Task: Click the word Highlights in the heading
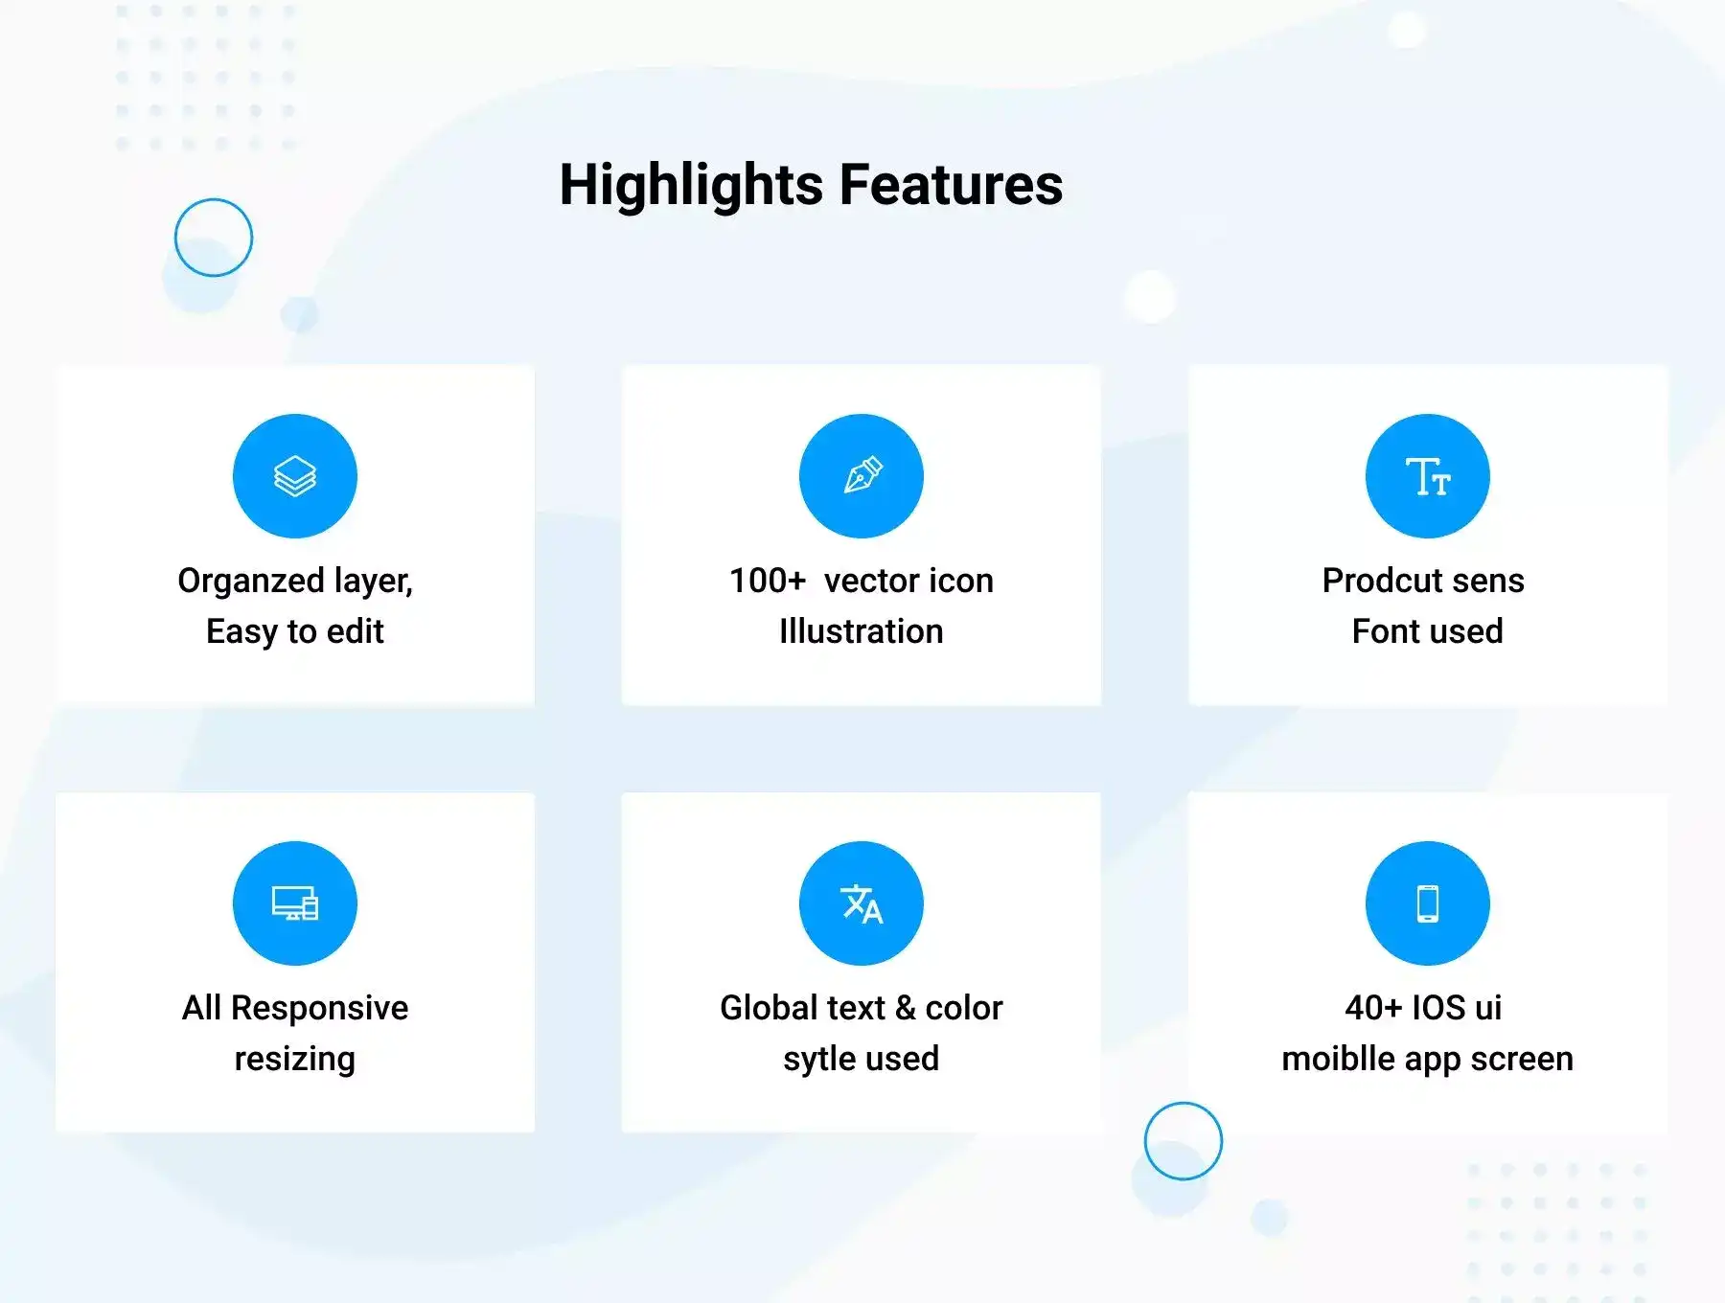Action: click(x=691, y=186)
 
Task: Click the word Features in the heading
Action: click(x=951, y=184)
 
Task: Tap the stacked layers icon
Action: click(x=295, y=476)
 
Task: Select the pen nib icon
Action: click(x=862, y=476)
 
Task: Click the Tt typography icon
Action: click(x=1428, y=476)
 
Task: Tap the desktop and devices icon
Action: click(x=295, y=903)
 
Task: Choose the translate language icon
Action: click(x=862, y=903)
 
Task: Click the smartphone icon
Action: click(x=1428, y=903)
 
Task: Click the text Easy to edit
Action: click(x=295, y=632)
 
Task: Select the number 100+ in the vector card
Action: click(x=768, y=581)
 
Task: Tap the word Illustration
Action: click(x=862, y=631)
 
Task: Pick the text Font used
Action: click(x=1428, y=631)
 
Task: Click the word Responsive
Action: click(x=320, y=1009)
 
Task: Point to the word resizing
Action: click(x=295, y=1060)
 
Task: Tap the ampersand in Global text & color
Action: click(x=906, y=1008)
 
